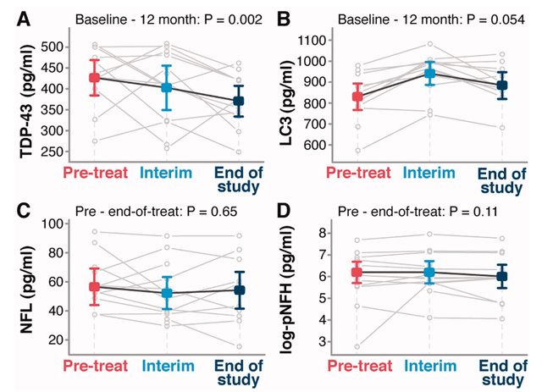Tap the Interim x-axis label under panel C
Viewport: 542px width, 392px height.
point(169,366)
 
